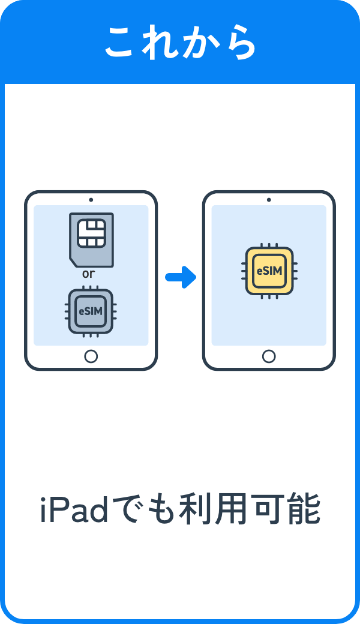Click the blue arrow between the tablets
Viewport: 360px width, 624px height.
coord(181,277)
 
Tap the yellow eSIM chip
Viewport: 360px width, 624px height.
coord(269,271)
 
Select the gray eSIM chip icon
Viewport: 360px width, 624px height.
coord(91,311)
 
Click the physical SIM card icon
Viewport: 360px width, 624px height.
coord(91,239)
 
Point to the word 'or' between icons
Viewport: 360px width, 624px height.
coord(89,274)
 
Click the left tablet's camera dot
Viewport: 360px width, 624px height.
coord(91,200)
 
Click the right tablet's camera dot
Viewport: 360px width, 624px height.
coord(269,200)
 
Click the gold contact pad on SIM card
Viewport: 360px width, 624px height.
coord(92,233)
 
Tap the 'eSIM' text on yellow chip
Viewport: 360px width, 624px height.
coord(269,271)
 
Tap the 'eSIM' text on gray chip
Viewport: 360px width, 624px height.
coord(91,311)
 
